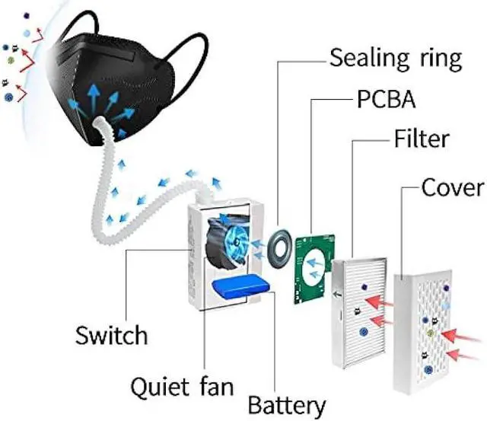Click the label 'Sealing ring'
[396, 58]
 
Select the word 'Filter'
[422, 139]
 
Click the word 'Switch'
[112, 333]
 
